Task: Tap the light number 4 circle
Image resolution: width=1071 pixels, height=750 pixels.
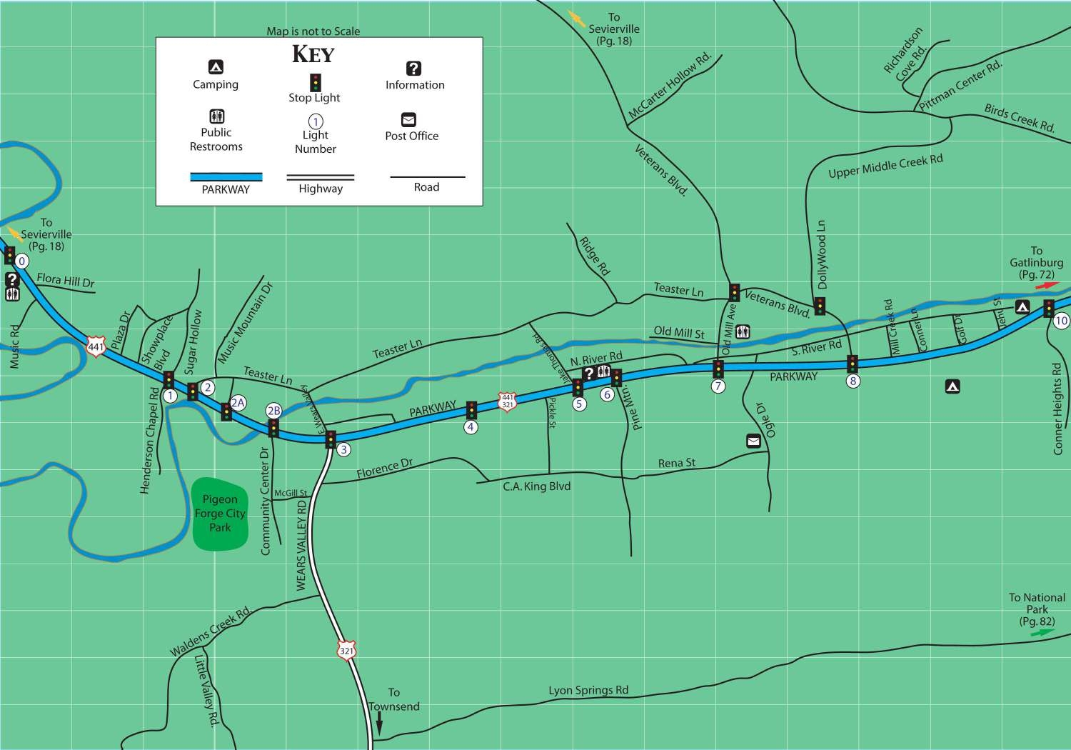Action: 471,427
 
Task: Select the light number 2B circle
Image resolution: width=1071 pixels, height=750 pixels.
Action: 273,411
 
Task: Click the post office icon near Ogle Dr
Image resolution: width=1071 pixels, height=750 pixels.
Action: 753,441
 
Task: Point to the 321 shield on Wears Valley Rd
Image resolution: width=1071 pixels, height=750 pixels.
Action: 346,651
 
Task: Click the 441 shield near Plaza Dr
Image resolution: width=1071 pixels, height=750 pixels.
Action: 96,346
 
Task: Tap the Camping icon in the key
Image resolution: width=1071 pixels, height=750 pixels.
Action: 216,67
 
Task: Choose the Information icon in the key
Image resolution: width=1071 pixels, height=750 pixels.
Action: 413,69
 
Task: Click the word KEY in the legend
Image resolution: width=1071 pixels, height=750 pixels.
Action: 313,54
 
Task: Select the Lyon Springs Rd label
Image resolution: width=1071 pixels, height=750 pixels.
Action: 588,690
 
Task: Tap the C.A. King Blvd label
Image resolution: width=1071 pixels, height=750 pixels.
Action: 536,486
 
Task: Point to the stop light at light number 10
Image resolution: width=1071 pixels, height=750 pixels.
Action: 1048,308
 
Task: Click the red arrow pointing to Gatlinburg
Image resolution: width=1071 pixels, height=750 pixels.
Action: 1047,285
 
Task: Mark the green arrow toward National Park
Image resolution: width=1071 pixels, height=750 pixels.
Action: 1042,633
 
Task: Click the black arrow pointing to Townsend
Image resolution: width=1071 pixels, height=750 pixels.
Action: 379,725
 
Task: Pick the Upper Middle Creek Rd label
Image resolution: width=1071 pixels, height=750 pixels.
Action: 885,166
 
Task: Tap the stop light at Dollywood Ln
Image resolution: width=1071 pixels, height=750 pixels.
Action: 820,306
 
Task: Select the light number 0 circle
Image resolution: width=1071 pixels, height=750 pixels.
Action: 22,261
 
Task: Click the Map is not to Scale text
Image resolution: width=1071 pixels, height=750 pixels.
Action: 313,31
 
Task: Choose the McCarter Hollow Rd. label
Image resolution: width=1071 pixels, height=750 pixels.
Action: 669,86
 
